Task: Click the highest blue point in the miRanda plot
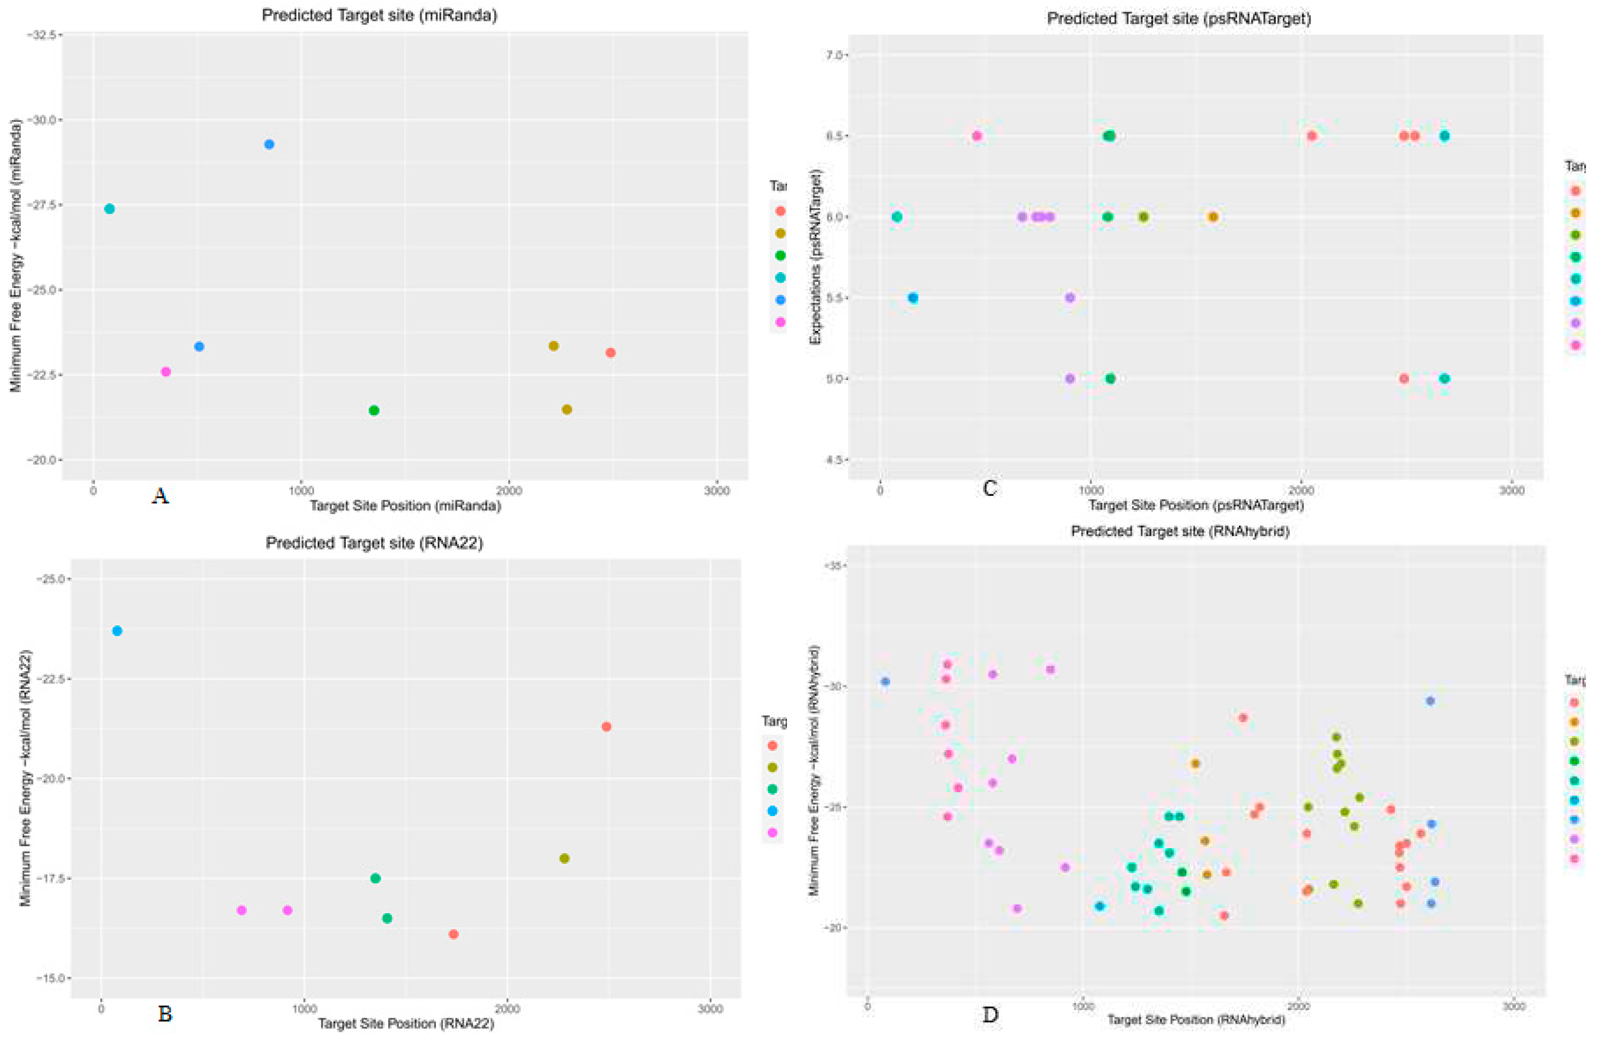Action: coord(269,144)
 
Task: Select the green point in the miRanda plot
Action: coord(374,410)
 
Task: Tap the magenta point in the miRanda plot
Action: coord(166,372)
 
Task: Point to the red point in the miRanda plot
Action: coord(610,353)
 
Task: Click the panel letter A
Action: coord(160,497)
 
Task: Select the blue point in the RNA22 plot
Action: coord(117,631)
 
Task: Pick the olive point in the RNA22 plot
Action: coord(564,858)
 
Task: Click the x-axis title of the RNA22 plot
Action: coord(406,1023)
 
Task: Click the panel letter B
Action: coord(164,1013)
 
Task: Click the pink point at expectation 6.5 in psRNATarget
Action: coord(977,136)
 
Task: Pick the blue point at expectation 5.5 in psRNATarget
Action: coord(913,298)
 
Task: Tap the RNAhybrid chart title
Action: coord(1180,531)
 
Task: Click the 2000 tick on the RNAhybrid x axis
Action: coord(1298,1007)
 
